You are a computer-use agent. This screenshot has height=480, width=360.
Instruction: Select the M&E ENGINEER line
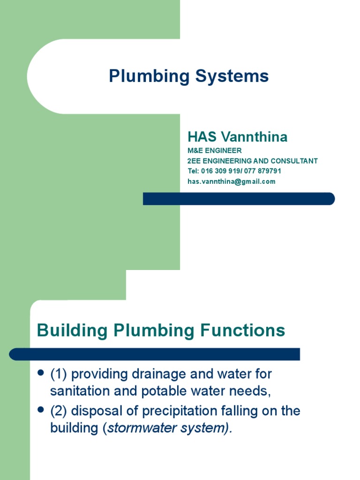point(215,150)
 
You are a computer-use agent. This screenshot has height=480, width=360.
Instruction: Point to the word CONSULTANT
point(294,161)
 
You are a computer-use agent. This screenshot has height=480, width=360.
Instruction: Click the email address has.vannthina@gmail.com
point(232,181)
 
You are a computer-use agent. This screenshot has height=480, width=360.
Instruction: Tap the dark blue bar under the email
point(239,199)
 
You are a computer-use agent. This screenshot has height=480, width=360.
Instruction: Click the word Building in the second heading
point(72,330)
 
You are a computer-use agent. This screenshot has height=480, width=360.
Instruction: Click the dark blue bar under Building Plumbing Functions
point(155,354)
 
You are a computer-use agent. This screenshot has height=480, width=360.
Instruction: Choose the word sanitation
point(79,391)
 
